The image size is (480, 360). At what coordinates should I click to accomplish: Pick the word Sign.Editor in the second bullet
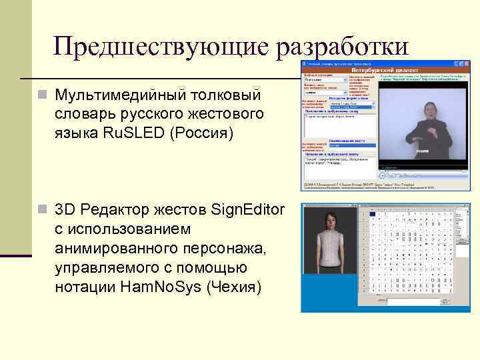(x=247, y=211)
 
